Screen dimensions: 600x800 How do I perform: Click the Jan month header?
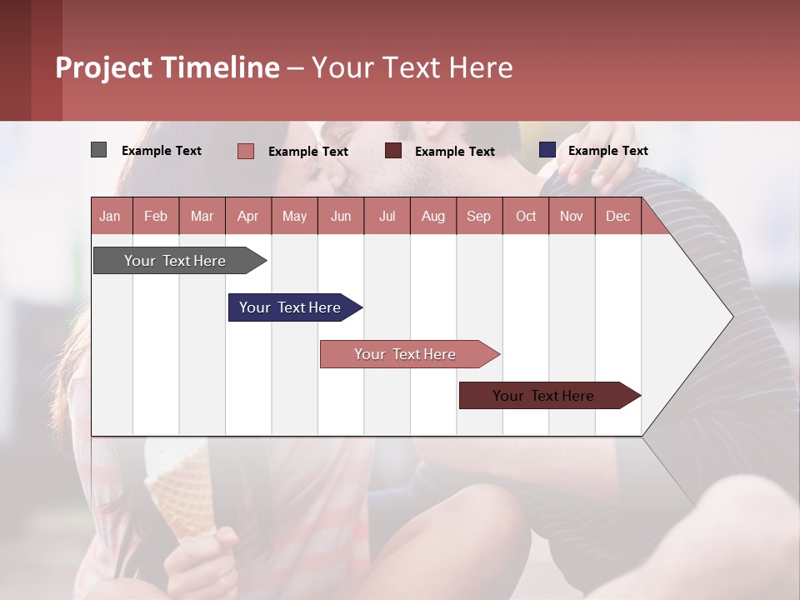[111, 216]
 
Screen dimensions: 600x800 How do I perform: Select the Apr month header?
[248, 216]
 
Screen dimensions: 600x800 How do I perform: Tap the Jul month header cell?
[387, 216]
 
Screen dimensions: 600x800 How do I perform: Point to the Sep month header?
[478, 216]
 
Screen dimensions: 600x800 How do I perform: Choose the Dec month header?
[617, 216]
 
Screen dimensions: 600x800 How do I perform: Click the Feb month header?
[156, 216]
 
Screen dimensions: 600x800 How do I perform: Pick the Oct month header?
[525, 216]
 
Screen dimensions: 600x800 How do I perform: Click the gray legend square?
[98, 150]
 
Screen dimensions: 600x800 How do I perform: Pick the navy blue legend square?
[547, 150]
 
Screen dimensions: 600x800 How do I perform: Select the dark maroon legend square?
[393, 151]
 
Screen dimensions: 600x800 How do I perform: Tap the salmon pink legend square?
[245, 151]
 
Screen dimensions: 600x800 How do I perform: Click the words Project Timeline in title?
[167, 67]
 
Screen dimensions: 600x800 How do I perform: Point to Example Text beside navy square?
[607, 151]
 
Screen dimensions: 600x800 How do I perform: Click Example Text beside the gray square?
[162, 151]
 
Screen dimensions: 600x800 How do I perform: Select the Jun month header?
[340, 216]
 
